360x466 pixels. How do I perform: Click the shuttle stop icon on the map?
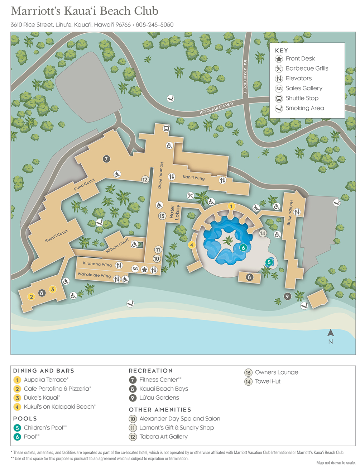(x=166, y=129)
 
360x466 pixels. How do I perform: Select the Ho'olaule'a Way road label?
(x=216, y=108)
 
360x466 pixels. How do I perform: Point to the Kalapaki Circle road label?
(x=245, y=77)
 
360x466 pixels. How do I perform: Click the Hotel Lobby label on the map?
(x=174, y=213)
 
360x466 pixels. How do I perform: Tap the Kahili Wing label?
(x=193, y=177)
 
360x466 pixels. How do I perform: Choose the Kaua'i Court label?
(x=56, y=236)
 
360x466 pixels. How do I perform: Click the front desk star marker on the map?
(x=144, y=270)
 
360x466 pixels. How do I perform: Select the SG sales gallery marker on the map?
(x=135, y=269)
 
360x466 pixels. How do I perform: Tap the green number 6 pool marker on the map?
(x=244, y=248)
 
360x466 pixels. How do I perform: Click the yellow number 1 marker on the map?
(x=231, y=206)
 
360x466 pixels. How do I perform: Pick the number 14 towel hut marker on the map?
(x=263, y=233)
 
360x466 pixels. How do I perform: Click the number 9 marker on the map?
(x=287, y=296)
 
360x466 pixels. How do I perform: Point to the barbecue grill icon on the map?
(x=191, y=195)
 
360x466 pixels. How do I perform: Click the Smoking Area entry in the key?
(x=304, y=108)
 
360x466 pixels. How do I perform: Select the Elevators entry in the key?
(x=298, y=79)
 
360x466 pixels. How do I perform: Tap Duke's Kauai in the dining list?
(x=42, y=398)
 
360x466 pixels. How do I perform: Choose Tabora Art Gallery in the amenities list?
(x=163, y=437)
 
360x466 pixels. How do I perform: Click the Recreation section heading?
(x=150, y=371)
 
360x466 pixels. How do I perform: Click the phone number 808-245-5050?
(x=155, y=25)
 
